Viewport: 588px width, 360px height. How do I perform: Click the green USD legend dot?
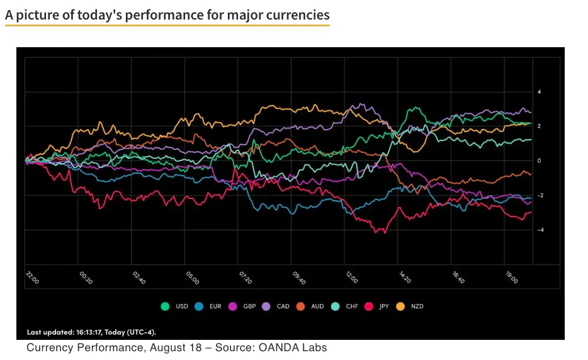[166, 307]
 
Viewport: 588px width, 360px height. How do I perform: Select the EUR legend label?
[215, 307]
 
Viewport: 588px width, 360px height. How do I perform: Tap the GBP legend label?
[249, 307]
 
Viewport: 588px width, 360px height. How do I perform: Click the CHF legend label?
[351, 307]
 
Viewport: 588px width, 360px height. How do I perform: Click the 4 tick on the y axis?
[540, 92]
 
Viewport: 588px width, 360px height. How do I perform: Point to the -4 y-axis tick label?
[539, 230]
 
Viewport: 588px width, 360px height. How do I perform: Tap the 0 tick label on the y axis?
[540, 161]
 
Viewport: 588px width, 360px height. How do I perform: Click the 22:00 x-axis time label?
[31, 278]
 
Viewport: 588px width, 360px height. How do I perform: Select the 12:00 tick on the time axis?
[351, 278]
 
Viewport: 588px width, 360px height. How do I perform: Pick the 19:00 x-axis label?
[511, 278]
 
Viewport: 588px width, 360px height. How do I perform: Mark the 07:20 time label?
[245, 278]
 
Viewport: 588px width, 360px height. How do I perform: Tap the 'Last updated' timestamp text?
[91, 332]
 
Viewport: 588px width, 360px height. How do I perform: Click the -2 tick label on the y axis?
[539, 196]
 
